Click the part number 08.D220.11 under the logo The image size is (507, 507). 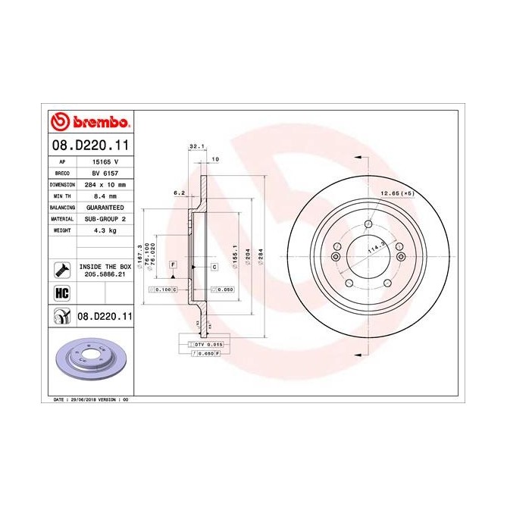pos(89,145)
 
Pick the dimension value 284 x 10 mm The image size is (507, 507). pos(104,184)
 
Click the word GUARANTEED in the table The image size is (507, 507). pos(104,207)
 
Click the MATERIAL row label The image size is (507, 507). pos(61,218)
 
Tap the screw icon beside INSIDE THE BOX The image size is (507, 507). pos(61,270)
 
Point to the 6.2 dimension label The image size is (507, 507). pos(179,192)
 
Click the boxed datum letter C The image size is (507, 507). pos(214,268)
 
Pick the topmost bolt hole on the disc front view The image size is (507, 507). pos(368,224)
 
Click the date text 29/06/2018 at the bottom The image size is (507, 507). pos(83,398)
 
